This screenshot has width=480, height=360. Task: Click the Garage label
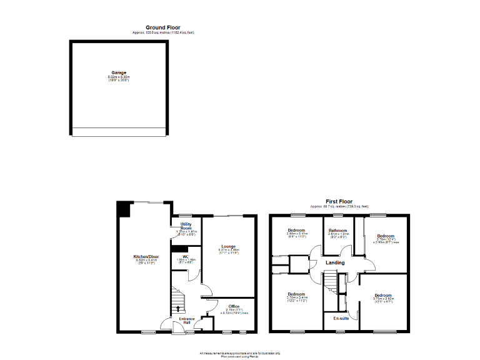(x=119, y=73)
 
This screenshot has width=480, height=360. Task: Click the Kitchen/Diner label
(x=145, y=257)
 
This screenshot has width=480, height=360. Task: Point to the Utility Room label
(x=186, y=226)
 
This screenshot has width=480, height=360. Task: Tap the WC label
(x=186, y=256)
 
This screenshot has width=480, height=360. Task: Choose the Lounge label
(x=229, y=246)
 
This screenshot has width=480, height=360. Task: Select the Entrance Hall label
(x=187, y=321)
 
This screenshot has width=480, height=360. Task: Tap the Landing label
(x=336, y=262)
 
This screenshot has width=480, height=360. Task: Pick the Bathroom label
(x=338, y=230)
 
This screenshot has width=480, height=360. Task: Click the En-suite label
(x=341, y=319)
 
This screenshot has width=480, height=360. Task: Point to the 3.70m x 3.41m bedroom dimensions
(x=296, y=298)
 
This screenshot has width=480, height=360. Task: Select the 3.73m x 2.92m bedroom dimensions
(x=382, y=299)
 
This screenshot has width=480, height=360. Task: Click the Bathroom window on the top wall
(x=338, y=215)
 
